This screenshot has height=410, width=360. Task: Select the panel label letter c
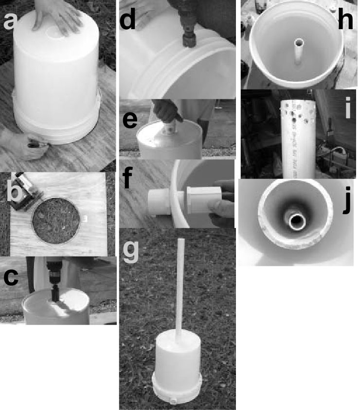[x=11, y=278]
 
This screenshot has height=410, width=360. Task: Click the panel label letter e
[x=130, y=120]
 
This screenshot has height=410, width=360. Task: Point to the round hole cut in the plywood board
[x=56, y=221]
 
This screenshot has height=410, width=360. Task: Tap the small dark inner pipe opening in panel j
[x=297, y=221]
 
